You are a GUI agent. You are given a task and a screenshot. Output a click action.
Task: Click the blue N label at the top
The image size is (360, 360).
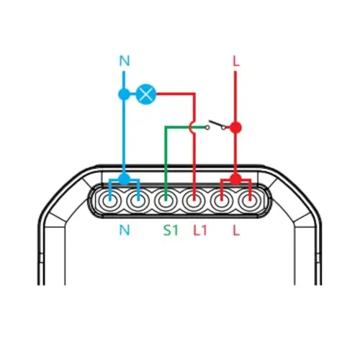(x=125, y=60)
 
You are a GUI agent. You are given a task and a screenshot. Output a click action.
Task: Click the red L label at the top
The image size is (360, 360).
(x=236, y=61)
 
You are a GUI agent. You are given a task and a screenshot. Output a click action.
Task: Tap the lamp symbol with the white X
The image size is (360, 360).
(x=146, y=94)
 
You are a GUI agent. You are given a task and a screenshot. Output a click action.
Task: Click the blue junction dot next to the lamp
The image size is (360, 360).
(x=124, y=94)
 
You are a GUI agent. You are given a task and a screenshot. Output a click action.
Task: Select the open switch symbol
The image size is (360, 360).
(x=216, y=125)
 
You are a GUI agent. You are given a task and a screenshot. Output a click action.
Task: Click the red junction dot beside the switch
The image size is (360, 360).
(x=235, y=127)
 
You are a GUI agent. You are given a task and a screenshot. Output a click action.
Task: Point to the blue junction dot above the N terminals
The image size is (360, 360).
(x=124, y=179)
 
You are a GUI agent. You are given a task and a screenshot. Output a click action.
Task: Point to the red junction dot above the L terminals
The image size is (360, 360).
(x=235, y=179)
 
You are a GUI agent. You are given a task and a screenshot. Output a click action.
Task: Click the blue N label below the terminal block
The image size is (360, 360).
(x=125, y=230)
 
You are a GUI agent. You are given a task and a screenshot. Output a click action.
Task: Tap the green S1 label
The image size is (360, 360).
(x=171, y=230)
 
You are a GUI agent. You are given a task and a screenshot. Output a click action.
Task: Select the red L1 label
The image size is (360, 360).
(x=200, y=230)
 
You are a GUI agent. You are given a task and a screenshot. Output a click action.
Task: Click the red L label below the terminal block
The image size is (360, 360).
(x=236, y=230)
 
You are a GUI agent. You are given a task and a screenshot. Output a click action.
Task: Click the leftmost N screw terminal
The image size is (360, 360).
(x=110, y=201)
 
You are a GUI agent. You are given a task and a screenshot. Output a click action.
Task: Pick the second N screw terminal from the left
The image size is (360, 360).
(x=138, y=201)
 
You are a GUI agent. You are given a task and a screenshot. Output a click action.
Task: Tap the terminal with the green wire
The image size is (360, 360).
(x=166, y=201)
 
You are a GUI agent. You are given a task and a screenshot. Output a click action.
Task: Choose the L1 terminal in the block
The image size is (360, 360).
(x=194, y=201)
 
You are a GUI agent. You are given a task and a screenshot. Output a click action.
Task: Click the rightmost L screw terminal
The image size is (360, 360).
(x=250, y=201)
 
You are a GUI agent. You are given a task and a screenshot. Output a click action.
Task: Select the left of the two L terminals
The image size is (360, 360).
(x=222, y=201)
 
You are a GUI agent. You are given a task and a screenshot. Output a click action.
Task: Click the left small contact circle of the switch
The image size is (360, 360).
(x=207, y=127)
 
